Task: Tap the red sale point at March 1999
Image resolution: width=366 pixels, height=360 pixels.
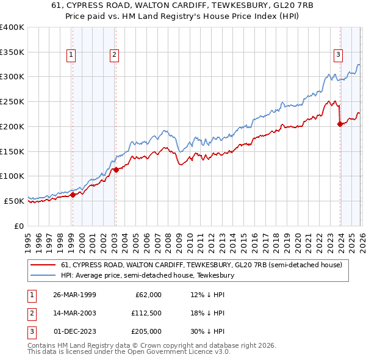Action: point(73,195)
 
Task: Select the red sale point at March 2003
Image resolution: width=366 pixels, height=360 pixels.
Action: point(115,170)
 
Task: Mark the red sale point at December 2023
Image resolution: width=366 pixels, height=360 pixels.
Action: point(339,124)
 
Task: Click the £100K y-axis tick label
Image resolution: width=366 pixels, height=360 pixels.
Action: point(12,176)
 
